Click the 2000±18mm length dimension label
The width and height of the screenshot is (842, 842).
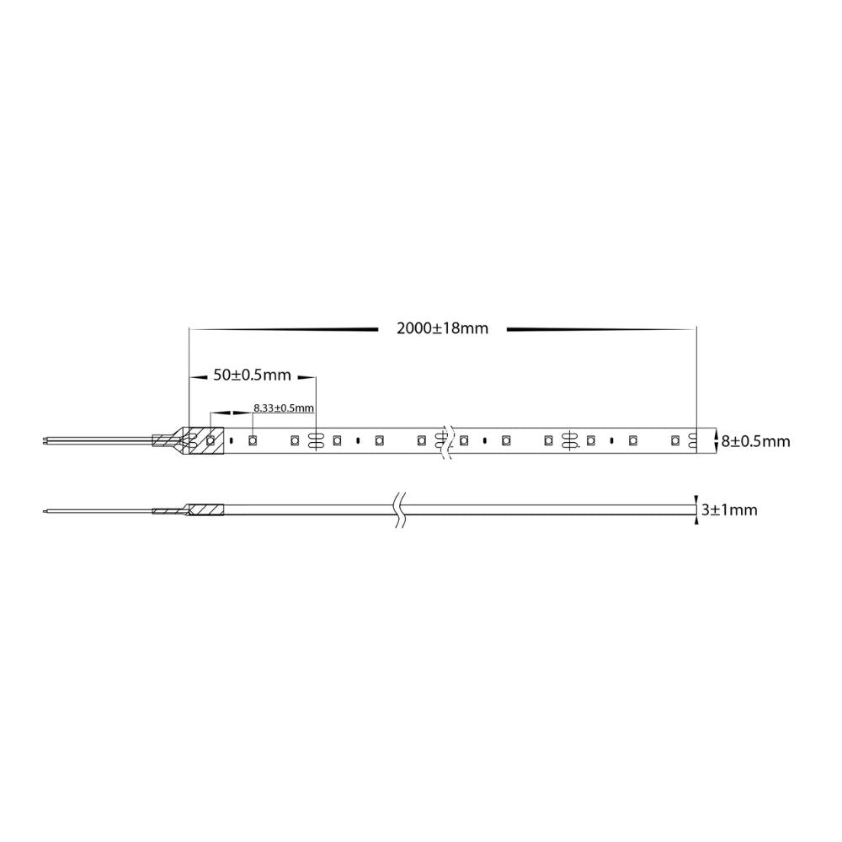[443, 328]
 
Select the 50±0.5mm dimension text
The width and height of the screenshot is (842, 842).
[252, 375]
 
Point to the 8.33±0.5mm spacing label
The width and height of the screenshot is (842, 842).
[284, 408]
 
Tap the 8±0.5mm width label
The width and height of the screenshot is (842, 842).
[755, 441]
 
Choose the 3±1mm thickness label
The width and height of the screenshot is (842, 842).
[729, 509]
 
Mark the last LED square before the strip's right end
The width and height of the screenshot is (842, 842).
[675, 441]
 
